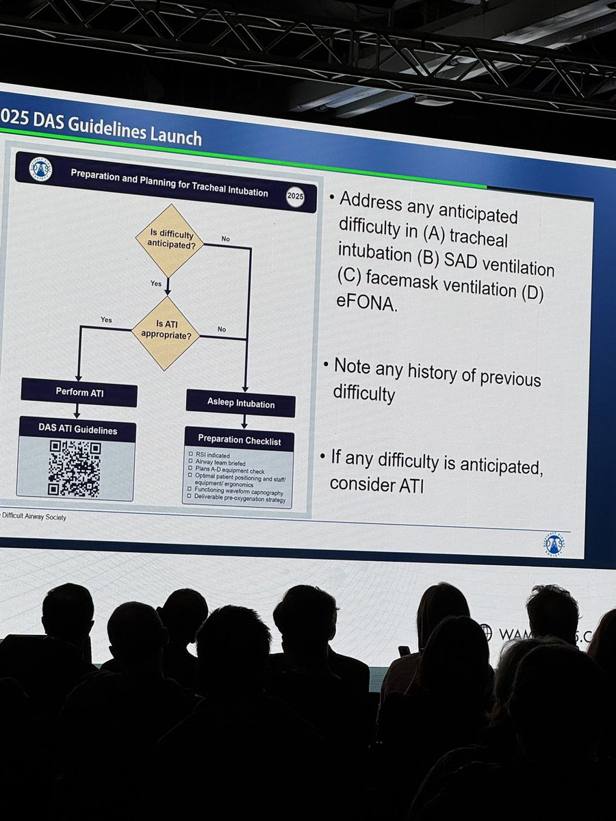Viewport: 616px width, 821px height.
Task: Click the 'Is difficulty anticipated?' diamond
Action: point(168,240)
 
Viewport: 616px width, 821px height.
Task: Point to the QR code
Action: point(75,468)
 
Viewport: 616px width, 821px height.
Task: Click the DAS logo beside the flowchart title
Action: point(41,170)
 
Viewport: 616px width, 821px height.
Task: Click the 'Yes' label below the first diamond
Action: point(156,283)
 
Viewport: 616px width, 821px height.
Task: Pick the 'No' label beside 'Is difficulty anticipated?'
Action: point(225,239)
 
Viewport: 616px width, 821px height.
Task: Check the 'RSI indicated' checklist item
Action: point(214,455)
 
